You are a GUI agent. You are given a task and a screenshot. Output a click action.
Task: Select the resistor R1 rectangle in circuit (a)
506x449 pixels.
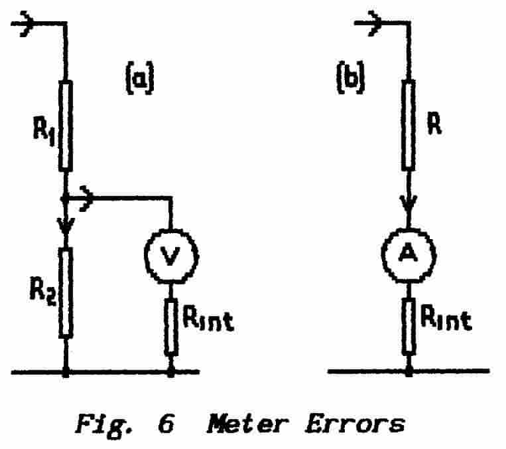pos(66,126)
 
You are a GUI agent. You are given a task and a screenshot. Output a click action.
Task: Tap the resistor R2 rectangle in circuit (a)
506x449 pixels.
pos(66,292)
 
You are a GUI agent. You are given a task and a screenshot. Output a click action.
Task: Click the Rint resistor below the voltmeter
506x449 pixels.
pos(171,326)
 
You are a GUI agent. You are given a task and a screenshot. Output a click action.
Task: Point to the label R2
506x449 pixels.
pos(42,292)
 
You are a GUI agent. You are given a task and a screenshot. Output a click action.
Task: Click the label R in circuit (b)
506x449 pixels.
pos(434,126)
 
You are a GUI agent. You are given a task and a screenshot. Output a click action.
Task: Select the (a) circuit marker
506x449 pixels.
pos(139,79)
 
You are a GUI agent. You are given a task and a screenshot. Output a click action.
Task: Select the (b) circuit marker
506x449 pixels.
pos(350,79)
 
